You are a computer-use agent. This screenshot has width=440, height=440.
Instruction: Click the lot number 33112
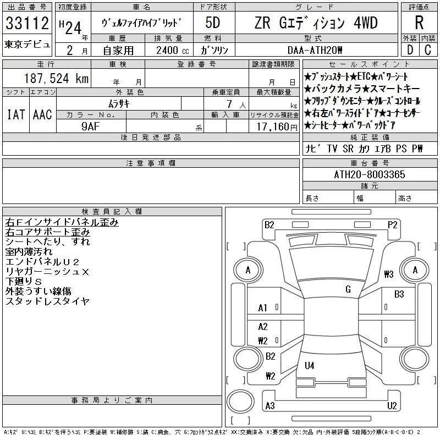28,24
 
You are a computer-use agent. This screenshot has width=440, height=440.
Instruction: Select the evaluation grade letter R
419,23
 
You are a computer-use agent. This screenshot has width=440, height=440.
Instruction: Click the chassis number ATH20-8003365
370,174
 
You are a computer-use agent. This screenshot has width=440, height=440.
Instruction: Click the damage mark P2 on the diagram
392,224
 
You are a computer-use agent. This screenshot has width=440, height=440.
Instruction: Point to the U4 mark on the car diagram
310,365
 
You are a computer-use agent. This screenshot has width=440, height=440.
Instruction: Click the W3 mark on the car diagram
389,274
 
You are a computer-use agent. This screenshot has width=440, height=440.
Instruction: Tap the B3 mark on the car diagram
399,294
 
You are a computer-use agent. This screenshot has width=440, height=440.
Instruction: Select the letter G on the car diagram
348,289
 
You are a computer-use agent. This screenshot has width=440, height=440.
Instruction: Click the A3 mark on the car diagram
269,406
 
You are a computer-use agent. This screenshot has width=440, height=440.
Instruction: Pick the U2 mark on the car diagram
392,406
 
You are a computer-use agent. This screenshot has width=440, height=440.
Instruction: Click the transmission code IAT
16,114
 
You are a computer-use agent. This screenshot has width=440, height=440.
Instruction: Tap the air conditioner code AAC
42,114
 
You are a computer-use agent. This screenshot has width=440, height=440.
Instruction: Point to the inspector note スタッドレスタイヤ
47,301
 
